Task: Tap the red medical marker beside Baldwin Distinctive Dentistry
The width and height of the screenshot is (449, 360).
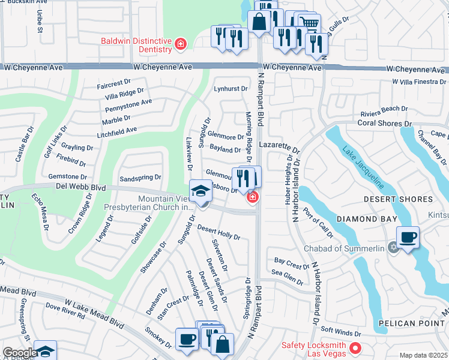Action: point(179,44)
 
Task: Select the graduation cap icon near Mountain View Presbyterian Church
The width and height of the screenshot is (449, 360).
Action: point(200,191)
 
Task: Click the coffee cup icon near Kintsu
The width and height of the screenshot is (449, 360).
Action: point(408,238)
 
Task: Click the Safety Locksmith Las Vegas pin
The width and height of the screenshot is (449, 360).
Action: point(355,347)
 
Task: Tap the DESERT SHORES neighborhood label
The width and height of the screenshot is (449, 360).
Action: point(398,199)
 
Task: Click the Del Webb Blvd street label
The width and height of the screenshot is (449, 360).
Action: point(82,188)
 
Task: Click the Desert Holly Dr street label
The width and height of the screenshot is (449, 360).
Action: point(219,232)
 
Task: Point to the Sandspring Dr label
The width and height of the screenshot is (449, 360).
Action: point(140,178)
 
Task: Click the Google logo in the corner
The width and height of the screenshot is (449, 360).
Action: point(19,352)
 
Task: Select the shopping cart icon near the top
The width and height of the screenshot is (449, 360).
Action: point(309,23)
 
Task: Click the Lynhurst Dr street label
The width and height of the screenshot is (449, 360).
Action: point(231,89)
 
